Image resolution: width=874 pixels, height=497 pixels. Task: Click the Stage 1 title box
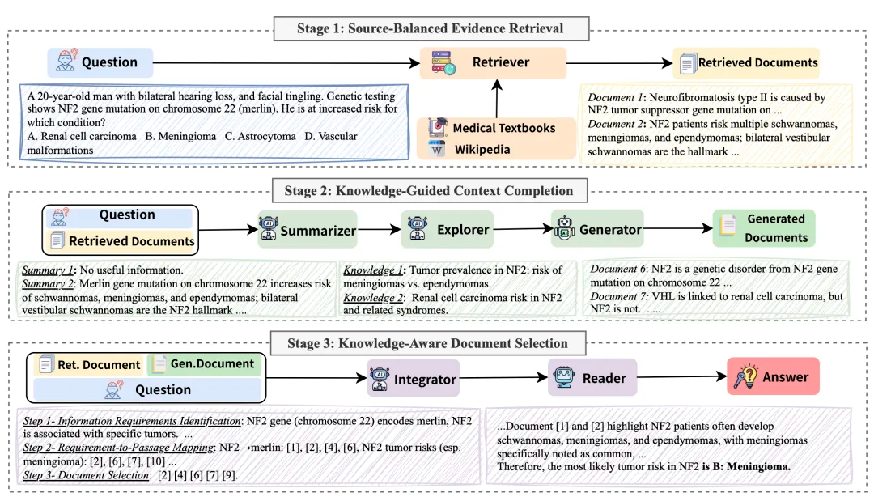coord(431,28)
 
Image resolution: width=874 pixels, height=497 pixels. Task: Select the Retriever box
coord(493,62)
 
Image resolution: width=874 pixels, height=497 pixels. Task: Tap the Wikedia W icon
coord(437,150)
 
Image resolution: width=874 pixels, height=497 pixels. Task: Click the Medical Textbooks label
coord(504,128)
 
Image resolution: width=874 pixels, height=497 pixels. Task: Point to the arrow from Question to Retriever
coord(286,62)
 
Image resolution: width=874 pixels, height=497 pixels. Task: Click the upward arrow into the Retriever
coord(497,98)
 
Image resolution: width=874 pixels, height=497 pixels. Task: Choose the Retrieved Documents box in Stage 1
coord(746,63)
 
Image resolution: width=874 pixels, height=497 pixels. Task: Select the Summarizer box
coord(308,230)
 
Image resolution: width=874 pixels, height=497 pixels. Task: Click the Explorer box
coord(447,229)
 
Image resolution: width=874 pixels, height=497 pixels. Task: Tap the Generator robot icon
coord(564,229)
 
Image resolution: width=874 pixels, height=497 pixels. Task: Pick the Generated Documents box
coord(764,228)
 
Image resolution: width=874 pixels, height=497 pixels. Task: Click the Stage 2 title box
coord(429,191)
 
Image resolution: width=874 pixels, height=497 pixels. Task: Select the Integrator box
coord(413,378)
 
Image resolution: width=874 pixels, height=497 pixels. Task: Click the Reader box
coord(592,378)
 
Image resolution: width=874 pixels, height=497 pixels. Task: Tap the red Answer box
coord(773,376)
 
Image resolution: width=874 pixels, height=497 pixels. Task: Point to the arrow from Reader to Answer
coord(682,376)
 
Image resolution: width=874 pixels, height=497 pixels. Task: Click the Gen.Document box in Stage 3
coord(205,364)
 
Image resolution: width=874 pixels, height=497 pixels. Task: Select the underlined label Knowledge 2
coord(371,297)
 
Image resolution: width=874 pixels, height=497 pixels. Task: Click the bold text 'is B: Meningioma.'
coord(746,467)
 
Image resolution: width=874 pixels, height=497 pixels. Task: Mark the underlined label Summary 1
coord(48,270)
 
